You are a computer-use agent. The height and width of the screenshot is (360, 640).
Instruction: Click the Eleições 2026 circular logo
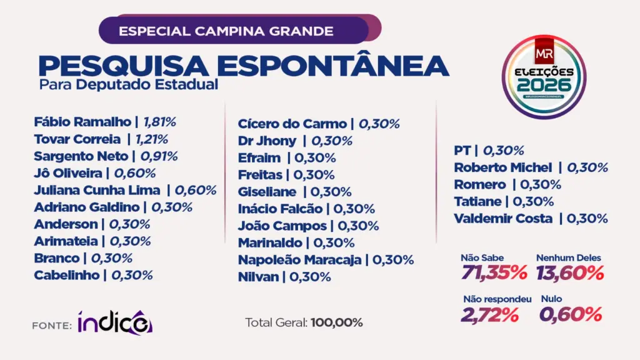[x=544, y=76]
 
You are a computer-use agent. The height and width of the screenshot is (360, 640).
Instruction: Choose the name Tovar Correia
[x=77, y=139]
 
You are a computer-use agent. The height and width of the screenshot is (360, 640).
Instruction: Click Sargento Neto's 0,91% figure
[x=158, y=156]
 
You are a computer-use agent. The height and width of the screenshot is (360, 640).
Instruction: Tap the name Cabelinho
[x=66, y=275]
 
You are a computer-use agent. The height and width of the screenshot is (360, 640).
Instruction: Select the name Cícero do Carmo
[x=291, y=124]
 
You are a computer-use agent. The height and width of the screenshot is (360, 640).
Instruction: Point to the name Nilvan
[x=258, y=277]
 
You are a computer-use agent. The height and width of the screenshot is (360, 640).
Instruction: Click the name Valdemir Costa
[x=504, y=219]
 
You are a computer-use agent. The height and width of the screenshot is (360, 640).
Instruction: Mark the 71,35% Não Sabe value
[x=494, y=273]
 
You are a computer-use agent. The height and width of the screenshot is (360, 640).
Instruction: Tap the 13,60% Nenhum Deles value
[x=570, y=273]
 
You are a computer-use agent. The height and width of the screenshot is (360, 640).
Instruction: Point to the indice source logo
[x=114, y=322]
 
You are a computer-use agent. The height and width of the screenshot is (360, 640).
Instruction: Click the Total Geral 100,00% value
[x=336, y=323]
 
